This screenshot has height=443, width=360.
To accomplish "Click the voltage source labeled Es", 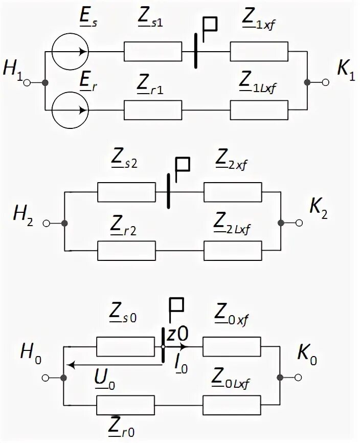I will (71, 52).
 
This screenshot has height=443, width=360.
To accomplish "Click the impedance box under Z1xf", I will (259, 52).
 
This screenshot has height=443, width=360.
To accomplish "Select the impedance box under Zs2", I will (126, 193).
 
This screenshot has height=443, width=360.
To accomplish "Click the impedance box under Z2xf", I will (233, 193).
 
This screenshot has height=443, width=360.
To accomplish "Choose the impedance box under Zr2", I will (126, 251).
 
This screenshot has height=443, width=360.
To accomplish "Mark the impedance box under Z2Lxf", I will (233, 251).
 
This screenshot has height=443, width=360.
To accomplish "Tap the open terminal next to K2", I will (299, 223).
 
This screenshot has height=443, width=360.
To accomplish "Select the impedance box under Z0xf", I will (233, 346).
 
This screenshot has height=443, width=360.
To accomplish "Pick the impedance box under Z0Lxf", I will (233, 405).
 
